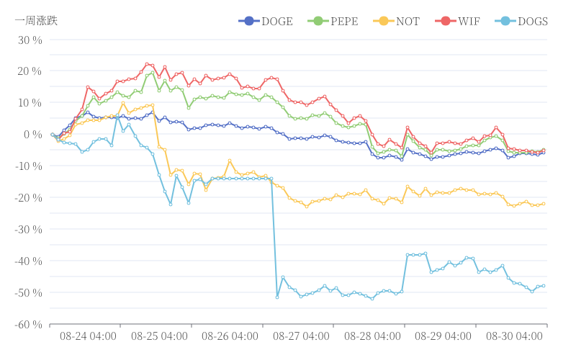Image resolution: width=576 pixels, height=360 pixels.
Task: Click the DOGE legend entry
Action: [x=266, y=21]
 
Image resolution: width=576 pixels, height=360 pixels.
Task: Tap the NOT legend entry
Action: [x=395, y=21]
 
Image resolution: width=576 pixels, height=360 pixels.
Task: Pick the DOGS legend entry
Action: [x=521, y=21]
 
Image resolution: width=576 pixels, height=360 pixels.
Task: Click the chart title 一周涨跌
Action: [x=36, y=20]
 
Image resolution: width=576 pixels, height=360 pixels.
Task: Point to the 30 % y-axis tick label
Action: [x=30, y=40]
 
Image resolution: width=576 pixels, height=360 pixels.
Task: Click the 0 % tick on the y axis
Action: [x=33, y=135]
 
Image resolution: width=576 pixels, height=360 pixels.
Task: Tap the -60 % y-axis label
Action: [x=28, y=325]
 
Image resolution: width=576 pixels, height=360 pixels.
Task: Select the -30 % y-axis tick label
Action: [x=28, y=230]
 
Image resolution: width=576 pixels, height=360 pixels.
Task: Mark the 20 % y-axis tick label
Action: [x=30, y=71]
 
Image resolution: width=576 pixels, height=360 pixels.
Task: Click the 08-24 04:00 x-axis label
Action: [x=88, y=336]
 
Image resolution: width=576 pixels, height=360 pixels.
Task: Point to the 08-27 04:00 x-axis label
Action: [x=301, y=336]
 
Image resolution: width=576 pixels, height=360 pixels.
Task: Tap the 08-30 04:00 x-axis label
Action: [x=514, y=336]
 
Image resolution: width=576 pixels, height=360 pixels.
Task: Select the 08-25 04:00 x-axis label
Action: [x=159, y=336]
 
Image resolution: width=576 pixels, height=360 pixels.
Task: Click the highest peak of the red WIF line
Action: [x=147, y=64]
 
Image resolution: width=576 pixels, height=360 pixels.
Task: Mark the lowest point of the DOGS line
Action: [x=277, y=297]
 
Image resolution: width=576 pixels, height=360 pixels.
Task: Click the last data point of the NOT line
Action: [x=543, y=204]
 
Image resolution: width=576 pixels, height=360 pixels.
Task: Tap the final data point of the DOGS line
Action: [x=543, y=286]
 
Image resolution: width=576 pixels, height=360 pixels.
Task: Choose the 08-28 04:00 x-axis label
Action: [x=372, y=336]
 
